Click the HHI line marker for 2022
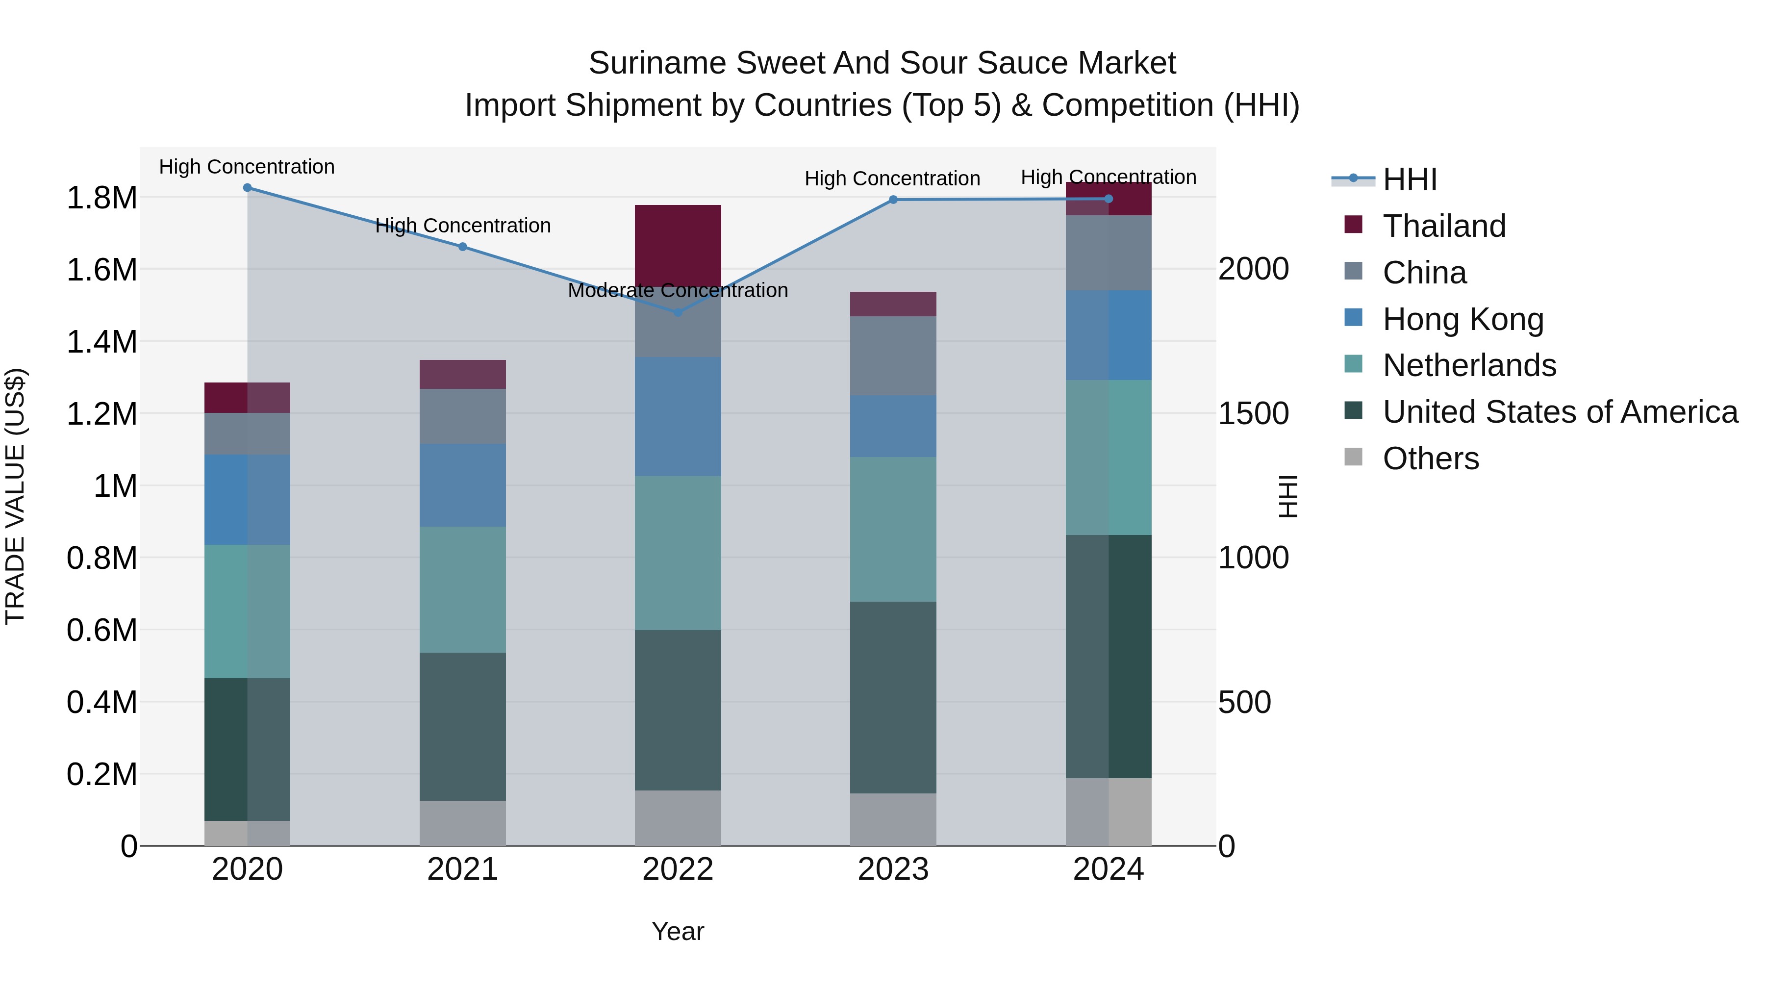click(x=678, y=312)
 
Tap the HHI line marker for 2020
click(x=248, y=188)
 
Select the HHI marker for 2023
click(x=893, y=200)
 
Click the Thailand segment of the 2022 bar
click(x=678, y=245)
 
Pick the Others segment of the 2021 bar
click(x=462, y=822)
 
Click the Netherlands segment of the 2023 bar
click(x=893, y=529)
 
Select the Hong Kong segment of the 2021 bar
click(x=462, y=485)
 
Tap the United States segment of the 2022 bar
click(x=678, y=710)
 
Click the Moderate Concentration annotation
click(x=678, y=291)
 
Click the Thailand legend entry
click(x=1444, y=226)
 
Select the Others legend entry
click(x=1430, y=458)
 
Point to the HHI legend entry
click(x=1410, y=179)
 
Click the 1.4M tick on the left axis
click(x=101, y=342)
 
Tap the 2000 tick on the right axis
click(x=1253, y=269)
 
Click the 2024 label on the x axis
click(x=1108, y=869)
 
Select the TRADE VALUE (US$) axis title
click(x=16, y=496)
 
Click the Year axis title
click(x=678, y=931)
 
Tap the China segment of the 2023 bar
click(x=893, y=356)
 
